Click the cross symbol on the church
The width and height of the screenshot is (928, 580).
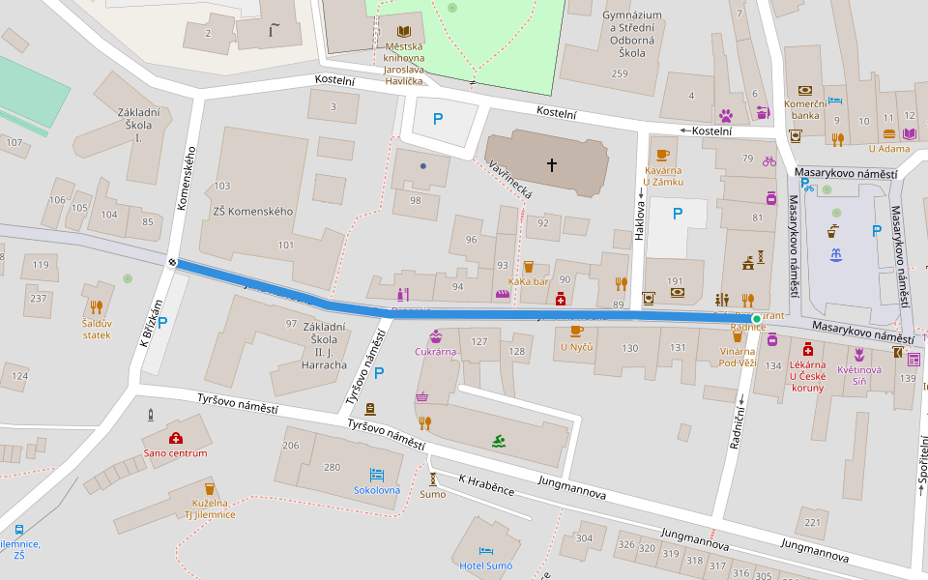(x=552, y=165)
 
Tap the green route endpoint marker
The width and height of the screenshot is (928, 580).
(x=756, y=318)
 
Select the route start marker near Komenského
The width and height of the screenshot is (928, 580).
(x=173, y=261)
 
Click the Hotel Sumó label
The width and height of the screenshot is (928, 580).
(x=485, y=565)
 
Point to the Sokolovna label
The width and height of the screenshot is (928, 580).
(x=377, y=490)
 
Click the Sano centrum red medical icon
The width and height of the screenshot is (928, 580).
(x=176, y=438)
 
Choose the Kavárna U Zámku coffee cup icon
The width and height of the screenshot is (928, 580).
(x=662, y=155)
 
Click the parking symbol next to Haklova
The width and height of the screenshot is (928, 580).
(x=677, y=213)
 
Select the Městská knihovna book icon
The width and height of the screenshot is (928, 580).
(x=403, y=31)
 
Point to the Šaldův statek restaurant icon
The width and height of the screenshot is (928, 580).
(x=97, y=308)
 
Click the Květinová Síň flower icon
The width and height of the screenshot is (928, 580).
(x=857, y=354)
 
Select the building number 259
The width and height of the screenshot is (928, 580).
(x=620, y=73)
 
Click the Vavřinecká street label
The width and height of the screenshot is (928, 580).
(x=512, y=180)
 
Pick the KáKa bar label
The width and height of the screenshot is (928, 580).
(x=528, y=281)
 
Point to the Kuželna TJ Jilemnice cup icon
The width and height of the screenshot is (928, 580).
(x=210, y=488)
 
